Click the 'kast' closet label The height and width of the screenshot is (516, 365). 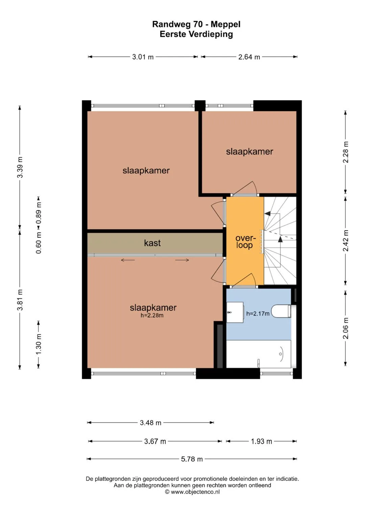(152, 243)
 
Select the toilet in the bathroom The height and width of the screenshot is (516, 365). (282, 311)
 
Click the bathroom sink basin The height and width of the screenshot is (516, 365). (235, 312)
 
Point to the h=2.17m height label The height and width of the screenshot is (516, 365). (258, 314)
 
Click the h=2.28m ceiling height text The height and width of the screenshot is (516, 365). (152, 315)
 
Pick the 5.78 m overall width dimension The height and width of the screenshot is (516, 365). (192, 459)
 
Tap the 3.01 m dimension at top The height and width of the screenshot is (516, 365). (143, 57)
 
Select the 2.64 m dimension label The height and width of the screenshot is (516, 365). (249, 57)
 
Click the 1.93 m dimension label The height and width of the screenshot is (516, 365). (261, 441)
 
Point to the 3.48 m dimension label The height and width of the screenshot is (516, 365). (150, 423)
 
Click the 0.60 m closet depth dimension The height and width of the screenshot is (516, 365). (39, 243)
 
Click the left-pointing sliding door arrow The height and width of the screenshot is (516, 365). (128, 260)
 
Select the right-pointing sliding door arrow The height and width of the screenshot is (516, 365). (182, 260)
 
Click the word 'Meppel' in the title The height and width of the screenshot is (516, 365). (225, 24)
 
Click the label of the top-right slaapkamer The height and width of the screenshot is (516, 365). (249, 152)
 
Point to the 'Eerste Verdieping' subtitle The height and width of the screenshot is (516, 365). (196, 34)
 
